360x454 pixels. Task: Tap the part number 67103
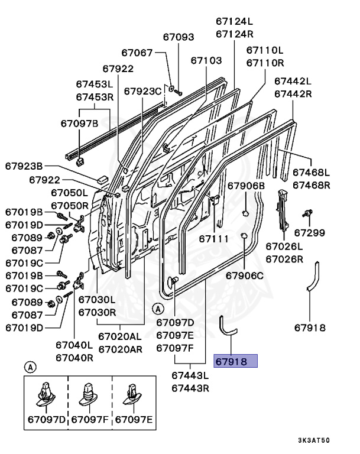point(206,60)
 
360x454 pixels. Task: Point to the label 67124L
point(234,21)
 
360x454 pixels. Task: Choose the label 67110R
point(265,63)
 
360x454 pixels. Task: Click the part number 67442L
point(292,81)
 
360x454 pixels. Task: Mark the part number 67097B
point(79,123)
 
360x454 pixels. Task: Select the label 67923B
point(24,166)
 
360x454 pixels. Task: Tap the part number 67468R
point(312,185)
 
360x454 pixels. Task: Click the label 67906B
point(247,186)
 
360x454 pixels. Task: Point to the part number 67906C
point(245,275)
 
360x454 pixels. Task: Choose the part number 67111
point(213,239)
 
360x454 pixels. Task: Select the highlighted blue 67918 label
point(235,361)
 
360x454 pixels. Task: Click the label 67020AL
point(121,336)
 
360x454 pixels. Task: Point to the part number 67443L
point(190,375)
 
